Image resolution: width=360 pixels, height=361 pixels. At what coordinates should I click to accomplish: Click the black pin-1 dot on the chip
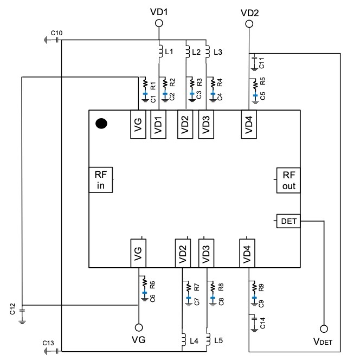click(x=101, y=124)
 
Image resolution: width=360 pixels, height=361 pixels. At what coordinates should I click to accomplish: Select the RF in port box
click(x=100, y=180)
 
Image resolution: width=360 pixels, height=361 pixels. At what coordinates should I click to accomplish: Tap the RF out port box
click(x=288, y=180)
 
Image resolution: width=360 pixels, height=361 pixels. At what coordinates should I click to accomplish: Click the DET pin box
click(x=288, y=221)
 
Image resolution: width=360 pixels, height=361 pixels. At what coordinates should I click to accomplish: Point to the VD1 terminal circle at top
click(x=159, y=23)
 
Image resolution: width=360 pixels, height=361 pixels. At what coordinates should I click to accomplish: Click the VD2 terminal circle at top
click(x=249, y=23)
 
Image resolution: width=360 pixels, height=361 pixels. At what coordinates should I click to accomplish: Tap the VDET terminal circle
click(x=324, y=329)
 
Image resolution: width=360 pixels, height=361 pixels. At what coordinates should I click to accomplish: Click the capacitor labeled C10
click(x=47, y=40)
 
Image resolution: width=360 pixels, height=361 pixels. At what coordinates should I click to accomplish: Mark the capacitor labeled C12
click(x=22, y=313)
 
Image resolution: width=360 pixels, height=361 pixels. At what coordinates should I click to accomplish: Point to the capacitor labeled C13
click(x=47, y=350)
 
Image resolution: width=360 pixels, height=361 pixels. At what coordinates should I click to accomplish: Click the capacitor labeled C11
click(x=254, y=63)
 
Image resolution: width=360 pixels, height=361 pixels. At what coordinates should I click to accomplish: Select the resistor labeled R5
click(x=254, y=85)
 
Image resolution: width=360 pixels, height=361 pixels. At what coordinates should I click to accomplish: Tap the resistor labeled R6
click(x=144, y=282)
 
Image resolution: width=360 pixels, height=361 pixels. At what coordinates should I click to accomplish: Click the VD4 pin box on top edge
click(x=249, y=125)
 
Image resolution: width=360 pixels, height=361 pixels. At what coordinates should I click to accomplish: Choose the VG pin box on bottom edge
click(x=138, y=252)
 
